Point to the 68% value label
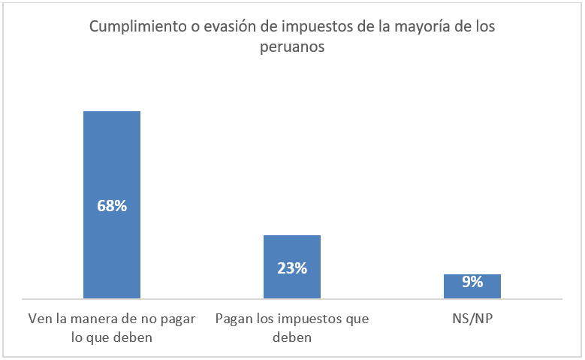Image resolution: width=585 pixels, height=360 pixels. [112, 205]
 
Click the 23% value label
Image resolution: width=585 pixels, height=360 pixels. [291, 268]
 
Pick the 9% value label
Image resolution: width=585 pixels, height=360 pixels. [472, 283]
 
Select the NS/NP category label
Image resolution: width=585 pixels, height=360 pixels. [472, 319]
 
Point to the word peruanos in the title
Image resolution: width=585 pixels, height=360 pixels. [292, 46]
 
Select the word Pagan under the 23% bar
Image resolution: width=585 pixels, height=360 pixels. [232, 319]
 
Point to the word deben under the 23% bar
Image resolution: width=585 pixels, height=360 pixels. [291, 337]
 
